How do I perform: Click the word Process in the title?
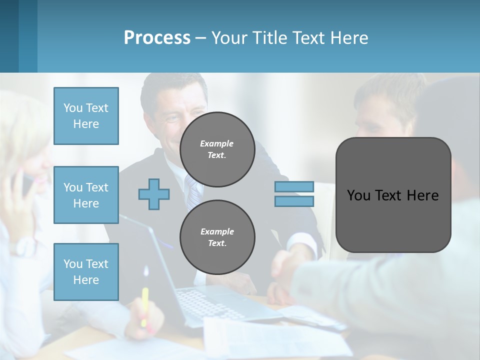(x=157, y=38)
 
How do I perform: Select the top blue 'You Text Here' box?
(x=86, y=116)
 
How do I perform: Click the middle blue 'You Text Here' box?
(x=86, y=195)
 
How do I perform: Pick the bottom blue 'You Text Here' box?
(x=86, y=271)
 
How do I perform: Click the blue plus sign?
(x=154, y=194)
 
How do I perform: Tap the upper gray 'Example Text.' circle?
(x=217, y=149)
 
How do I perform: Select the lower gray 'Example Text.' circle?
(x=217, y=237)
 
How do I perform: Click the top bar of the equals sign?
(x=294, y=186)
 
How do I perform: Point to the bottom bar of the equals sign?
(x=294, y=201)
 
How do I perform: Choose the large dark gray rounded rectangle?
(x=393, y=195)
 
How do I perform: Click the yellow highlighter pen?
(x=144, y=305)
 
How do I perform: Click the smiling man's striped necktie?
(x=192, y=192)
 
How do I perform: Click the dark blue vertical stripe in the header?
(x=28, y=36)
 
